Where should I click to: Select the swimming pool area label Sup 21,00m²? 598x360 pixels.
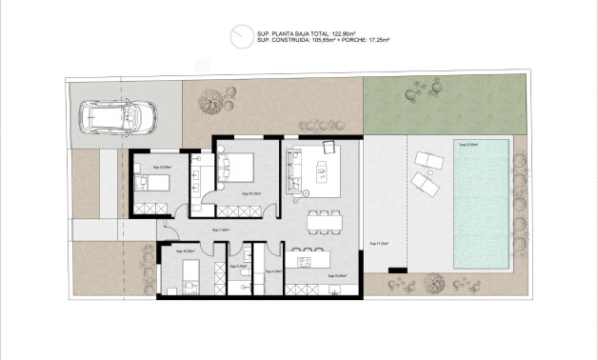tap(469, 145)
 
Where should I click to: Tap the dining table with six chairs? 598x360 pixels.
tap(326, 221)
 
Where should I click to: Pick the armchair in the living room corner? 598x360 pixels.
tap(329, 147)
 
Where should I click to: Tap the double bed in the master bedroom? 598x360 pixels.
tap(238, 170)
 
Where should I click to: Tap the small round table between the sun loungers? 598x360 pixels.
tap(429, 174)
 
